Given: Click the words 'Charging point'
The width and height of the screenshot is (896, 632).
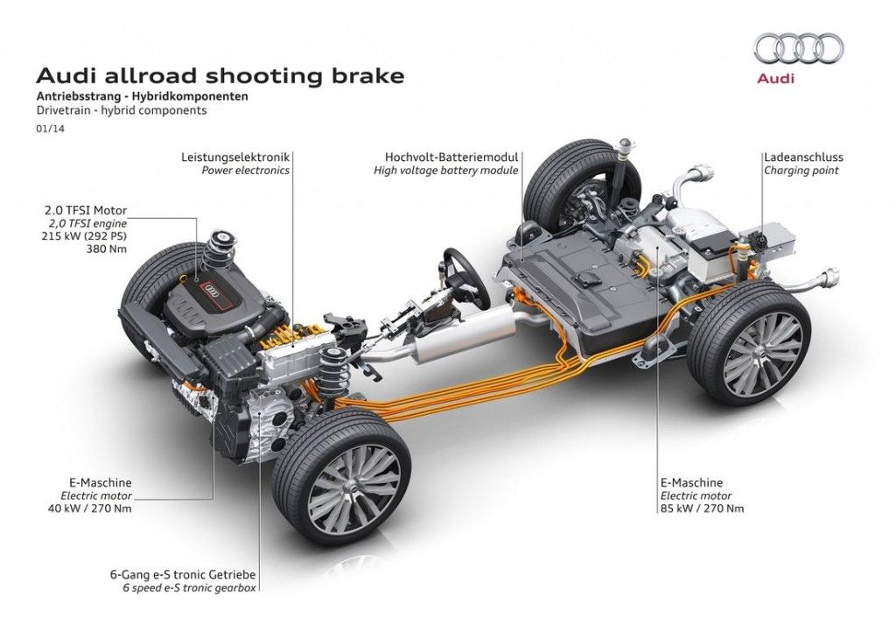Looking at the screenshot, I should tap(801, 171).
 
